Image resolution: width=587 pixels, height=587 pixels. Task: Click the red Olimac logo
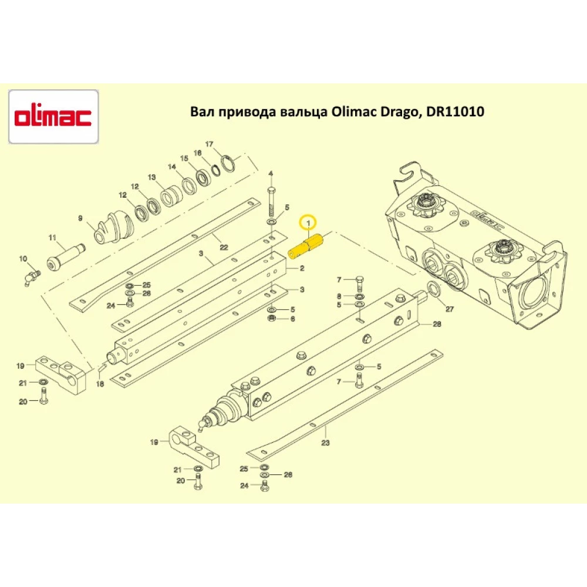53,116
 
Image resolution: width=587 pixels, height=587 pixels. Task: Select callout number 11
52,238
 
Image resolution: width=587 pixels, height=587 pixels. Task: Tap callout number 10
23,259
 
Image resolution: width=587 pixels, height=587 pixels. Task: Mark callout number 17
209,144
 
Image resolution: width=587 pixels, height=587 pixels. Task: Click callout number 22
223,247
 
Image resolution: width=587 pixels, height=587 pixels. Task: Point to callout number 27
450,308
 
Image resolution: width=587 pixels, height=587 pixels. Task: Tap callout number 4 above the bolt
271,174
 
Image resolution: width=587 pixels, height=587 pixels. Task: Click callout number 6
292,319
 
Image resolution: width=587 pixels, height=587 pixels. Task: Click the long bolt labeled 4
271,203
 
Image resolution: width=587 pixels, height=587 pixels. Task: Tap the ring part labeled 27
434,289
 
